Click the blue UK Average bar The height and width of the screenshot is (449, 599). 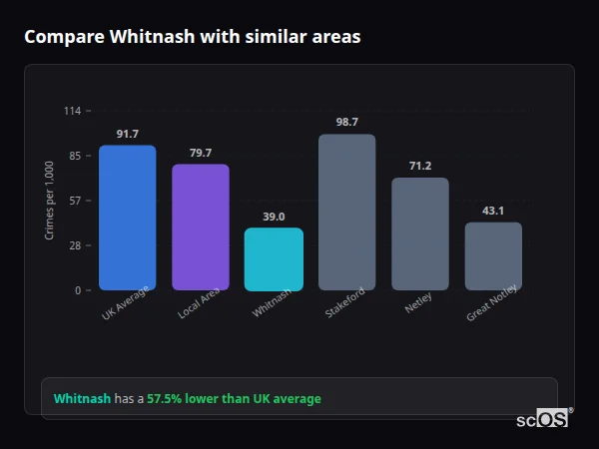pyautogui.click(x=127, y=218)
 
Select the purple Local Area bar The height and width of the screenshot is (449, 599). pyautogui.click(x=201, y=227)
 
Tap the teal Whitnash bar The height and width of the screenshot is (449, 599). pyautogui.click(x=274, y=259)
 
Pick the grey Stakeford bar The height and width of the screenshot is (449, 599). pyautogui.click(x=346, y=213)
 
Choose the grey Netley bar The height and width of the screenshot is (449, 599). pyautogui.click(x=419, y=234)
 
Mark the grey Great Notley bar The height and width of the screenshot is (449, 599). pyautogui.click(x=493, y=256)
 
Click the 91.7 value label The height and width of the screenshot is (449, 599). pyautogui.click(x=127, y=134)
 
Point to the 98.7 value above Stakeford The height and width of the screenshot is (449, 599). pyautogui.click(x=346, y=122)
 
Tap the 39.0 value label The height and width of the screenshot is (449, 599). pyautogui.click(x=274, y=217)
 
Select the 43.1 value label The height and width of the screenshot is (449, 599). pyautogui.click(x=493, y=211)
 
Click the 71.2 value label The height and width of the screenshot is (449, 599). pyautogui.click(x=419, y=166)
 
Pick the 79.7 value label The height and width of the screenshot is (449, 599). pyautogui.click(x=201, y=153)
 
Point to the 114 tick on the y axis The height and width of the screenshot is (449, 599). pyautogui.click(x=72, y=111)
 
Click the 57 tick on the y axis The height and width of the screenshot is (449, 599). pyautogui.click(x=75, y=201)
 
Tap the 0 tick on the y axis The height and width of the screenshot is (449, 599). pyautogui.click(x=78, y=290)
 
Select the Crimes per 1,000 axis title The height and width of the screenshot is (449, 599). pyautogui.click(x=50, y=201)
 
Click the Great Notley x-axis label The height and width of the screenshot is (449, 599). pyautogui.click(x=492, y=307)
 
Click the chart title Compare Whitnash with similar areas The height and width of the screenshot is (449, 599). pyautogui.click(x=192, y=37)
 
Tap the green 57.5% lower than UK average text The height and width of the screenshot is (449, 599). pyautogui.click(x=234, y=399)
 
